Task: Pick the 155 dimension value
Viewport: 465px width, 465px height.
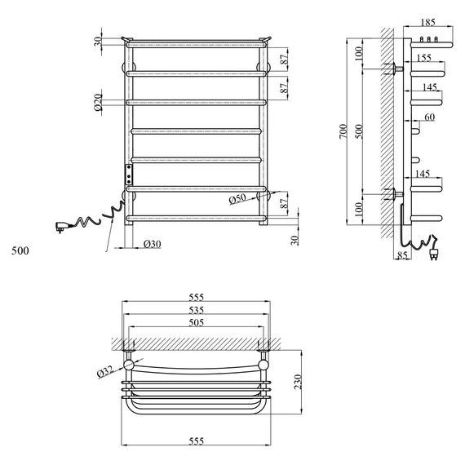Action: (423, 59)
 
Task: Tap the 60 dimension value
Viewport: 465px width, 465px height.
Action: (429, 117)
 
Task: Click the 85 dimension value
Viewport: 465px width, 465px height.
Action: (402, 256)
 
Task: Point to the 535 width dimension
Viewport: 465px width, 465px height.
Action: (197, 310)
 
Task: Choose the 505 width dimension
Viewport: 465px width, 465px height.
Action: (197, 322)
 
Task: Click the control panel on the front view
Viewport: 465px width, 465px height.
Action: (128, 174)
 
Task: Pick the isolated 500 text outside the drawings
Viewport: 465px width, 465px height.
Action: (20, 250)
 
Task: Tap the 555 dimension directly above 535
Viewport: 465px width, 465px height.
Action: (197, 298)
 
